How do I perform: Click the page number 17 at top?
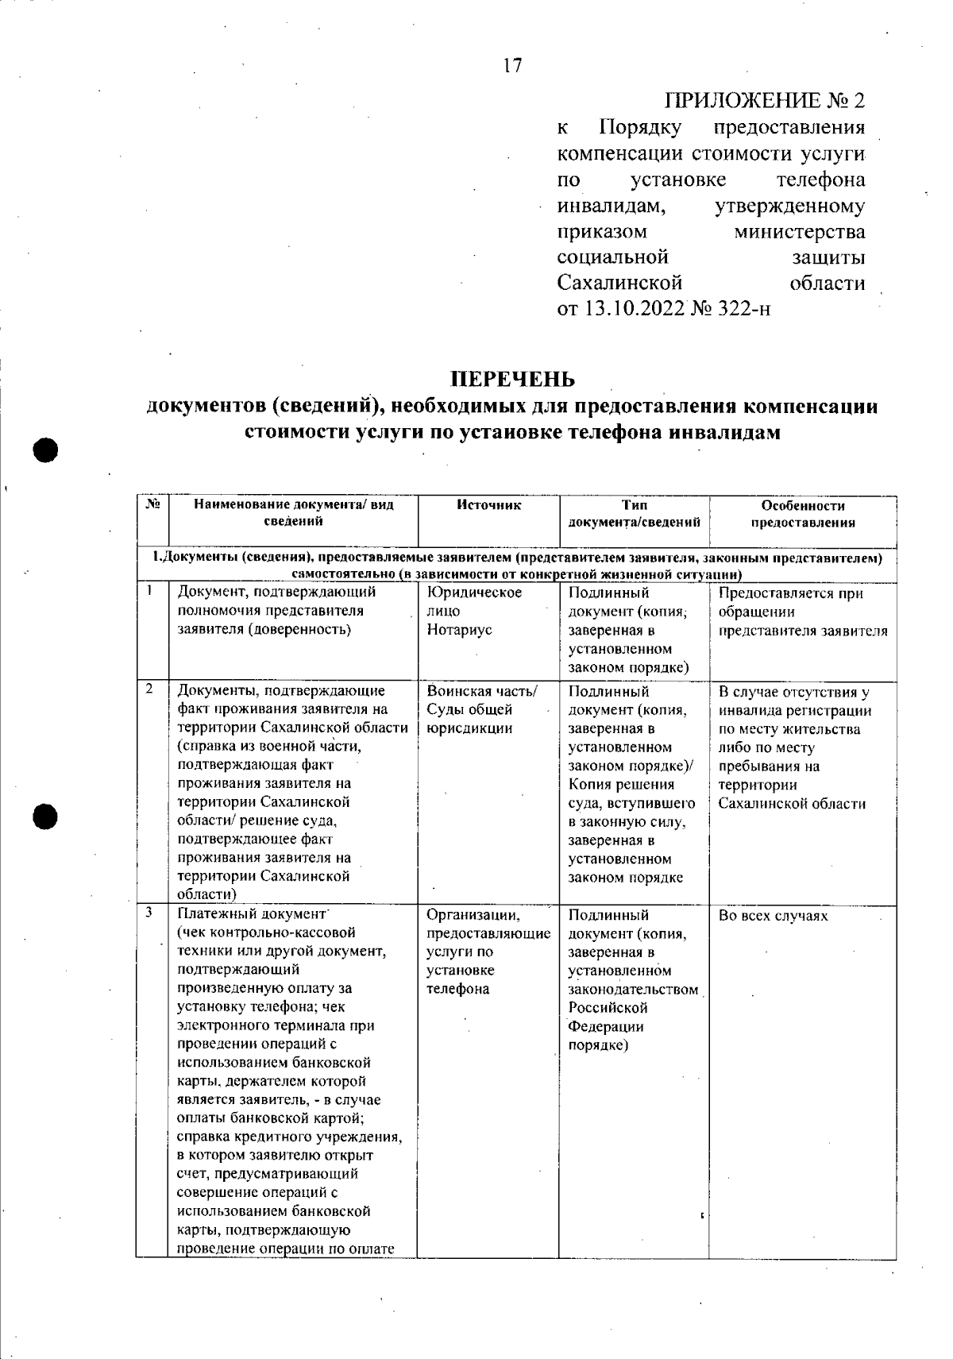click(x=513, y=66)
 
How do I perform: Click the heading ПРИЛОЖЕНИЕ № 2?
click(x=764, y=101)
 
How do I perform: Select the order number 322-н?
click(x=743, y=308)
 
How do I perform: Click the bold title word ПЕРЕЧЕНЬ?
click(x=512, y=377)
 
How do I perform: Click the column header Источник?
click(x=488, y=505)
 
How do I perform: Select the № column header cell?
click(x=152, y=505)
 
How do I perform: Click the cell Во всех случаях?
click(x=774, y=916)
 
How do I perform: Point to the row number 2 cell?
click(x=150, y=689)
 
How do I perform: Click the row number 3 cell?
click(x=150, y=913)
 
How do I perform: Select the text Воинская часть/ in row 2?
click(x=482, y=691)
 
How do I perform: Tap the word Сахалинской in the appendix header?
click(x=619, y=283)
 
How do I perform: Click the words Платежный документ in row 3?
click(x=252, y=914)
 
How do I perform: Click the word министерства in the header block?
click(x=800, y=232)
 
